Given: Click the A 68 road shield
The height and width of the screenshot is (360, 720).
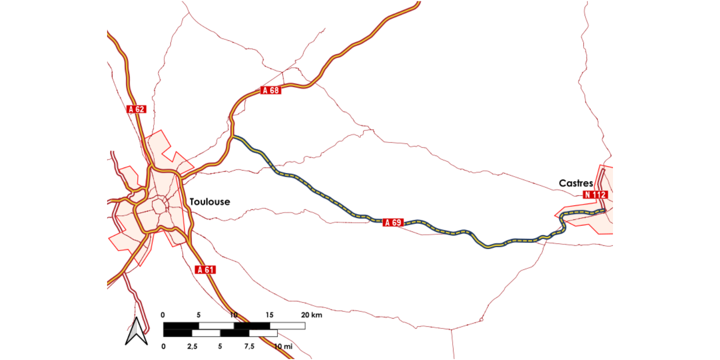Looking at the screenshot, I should (x=270, y=90).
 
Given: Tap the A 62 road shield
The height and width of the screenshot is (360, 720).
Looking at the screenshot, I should (x=136, y=109).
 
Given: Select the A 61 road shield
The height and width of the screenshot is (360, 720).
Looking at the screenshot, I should (x=205, y=270).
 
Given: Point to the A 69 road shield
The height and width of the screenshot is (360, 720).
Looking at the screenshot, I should (x=393, y=222).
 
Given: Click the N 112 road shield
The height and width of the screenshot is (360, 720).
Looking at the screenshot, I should (x=596, y=194).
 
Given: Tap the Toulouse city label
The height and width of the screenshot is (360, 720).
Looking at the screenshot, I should (x=210, y=202).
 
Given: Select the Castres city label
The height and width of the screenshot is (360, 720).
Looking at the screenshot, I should (x=576, y=183).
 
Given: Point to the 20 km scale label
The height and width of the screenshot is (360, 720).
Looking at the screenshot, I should (x=312, y=315).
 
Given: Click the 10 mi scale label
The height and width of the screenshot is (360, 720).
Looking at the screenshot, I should (x=283, y=346).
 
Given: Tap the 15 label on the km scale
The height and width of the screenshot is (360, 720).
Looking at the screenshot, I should (x=269, y=315).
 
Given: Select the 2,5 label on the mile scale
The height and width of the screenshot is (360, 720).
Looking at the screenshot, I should (x=192, y=346).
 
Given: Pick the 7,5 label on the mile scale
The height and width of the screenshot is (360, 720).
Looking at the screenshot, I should (x=249, y=346).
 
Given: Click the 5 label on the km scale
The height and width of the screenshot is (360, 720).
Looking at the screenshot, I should (x=199, y=315).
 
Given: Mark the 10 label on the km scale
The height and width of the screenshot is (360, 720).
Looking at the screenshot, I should (x=234, y=315).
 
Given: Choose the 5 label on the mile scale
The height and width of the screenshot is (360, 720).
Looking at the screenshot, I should (x=220, y=346).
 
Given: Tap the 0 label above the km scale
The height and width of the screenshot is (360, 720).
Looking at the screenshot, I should (x=163, y=315).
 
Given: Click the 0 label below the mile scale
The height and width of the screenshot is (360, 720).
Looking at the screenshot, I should (x=163, y=346).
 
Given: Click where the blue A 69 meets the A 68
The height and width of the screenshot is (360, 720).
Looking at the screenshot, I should (x=232, y=137).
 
